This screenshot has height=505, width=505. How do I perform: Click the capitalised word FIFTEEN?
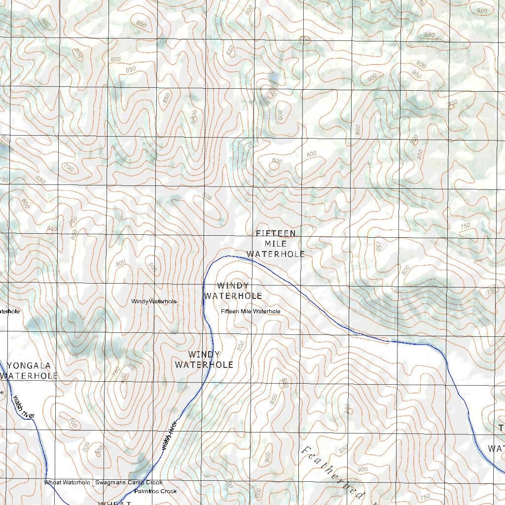point(276,233)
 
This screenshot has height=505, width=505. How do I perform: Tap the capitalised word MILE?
point(276,244)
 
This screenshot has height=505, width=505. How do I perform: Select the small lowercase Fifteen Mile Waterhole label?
point(251,312)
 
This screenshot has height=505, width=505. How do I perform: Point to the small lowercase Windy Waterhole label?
point(154,301)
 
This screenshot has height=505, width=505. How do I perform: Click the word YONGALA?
point(29,366)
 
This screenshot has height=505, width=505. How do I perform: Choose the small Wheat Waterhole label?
point(67,482)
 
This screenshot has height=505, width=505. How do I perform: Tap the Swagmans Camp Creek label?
point(129,482)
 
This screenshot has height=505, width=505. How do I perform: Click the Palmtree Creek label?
point(156,491)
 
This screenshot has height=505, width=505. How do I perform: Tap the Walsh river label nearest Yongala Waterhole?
point(24,408)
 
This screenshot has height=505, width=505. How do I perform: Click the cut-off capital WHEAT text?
point(114,503)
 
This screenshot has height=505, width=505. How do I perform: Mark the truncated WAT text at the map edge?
point(496,448)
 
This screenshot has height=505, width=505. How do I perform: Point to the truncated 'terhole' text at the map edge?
point(10,312)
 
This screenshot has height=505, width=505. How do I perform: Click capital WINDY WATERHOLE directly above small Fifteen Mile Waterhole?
point(233,291)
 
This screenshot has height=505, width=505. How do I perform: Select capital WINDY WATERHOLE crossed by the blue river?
point(204,360)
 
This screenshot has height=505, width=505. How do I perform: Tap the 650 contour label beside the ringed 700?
point(40,180)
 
